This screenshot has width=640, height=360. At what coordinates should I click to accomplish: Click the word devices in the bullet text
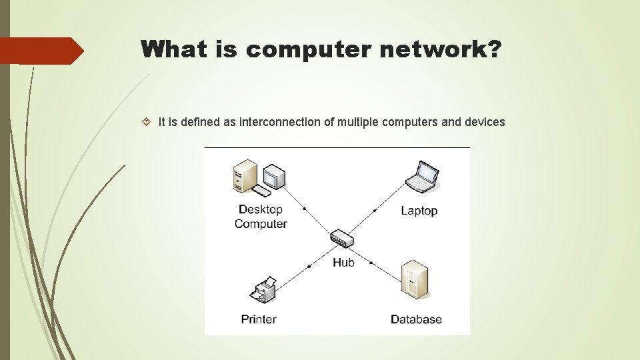point(484,122)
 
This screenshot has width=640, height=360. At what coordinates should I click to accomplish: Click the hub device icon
point(341,237)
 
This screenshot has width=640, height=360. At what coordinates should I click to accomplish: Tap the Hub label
point(343,263)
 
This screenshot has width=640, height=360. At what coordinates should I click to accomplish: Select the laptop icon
point(422,176)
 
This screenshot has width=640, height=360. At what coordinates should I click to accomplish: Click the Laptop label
point(419,211)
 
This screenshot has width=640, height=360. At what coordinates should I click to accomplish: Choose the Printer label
point(259,319)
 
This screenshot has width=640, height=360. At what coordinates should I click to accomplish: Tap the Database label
point(416,319)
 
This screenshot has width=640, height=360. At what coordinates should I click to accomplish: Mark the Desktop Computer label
point(261,217)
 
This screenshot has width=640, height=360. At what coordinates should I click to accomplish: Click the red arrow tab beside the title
point(41,51)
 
